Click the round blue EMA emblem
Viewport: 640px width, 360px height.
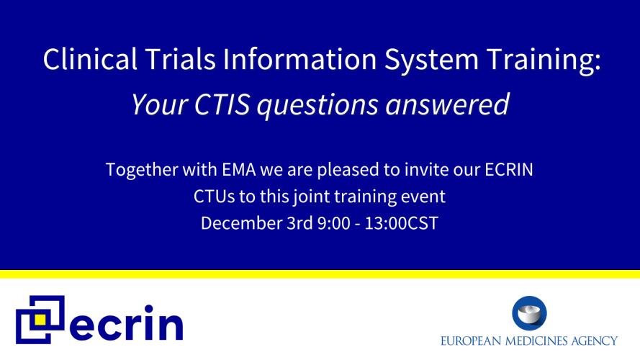pyautogui.click(x=529, y=313)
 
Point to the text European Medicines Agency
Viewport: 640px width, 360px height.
pyautogui.click(x=529, y=340)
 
